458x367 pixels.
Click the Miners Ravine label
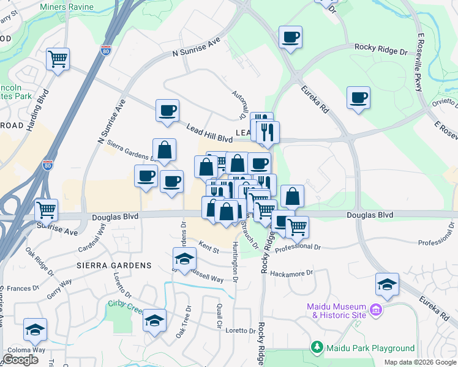[x=67, y=7]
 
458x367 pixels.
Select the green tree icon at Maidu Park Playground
[x=317, y=348]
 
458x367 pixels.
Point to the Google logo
[x=20, y=360]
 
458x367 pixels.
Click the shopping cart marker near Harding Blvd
[x=58, y=59]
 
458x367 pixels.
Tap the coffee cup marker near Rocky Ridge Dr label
[x=290, y=37]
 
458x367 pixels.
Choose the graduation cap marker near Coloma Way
[x=36, y=330]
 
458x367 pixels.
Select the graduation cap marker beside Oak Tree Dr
[x=155, y=320]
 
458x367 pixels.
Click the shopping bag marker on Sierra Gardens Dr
[x=164, y=149]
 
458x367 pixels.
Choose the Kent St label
[x=208, y=249]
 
